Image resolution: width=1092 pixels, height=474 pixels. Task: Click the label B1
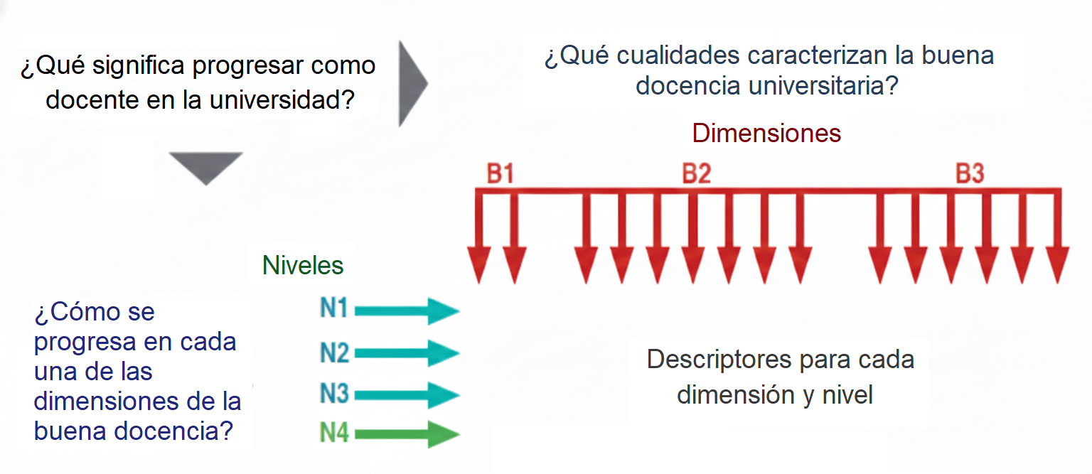point(500,174)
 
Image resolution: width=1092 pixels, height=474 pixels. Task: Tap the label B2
point(696,174)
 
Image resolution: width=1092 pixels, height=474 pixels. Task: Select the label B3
point(969,174)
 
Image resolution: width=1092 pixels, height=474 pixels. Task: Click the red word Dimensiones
point(766,133)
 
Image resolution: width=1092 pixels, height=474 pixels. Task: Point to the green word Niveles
point(303,266)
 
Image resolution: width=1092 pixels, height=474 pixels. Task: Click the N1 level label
point(333,310)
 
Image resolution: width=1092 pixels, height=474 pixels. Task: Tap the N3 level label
point(334,394)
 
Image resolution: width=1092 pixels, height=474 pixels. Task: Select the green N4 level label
point(334,433)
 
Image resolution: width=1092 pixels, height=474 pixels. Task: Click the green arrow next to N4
point(407,433)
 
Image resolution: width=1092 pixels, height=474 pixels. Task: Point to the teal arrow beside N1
point(407,311)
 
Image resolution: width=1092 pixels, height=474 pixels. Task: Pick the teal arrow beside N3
point(407,394)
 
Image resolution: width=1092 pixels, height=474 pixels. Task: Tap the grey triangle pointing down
point(206,166)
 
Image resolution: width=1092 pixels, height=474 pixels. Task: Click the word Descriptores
point(719,360)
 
